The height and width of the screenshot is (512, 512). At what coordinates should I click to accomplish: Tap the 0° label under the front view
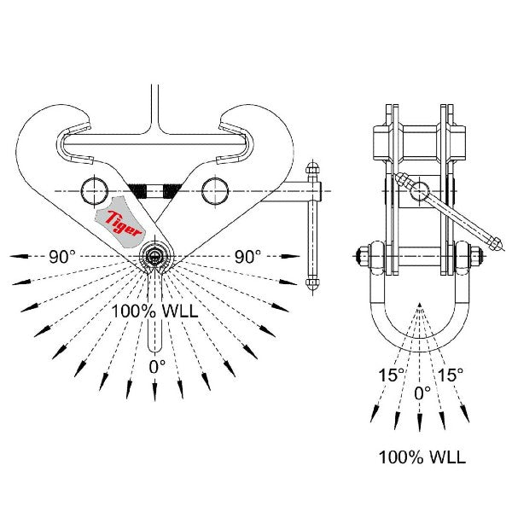[x=157, y=366]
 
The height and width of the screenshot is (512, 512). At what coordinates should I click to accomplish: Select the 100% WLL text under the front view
[x=154, y=311]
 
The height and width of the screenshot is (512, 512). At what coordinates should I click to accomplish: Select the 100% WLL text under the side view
[x=422, y=457]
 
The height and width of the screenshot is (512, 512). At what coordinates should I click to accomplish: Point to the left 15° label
[x=391, y=374]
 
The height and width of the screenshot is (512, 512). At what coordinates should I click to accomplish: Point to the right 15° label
[x=450, y=374]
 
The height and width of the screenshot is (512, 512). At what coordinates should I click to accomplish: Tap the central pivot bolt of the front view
[x=154, y=254]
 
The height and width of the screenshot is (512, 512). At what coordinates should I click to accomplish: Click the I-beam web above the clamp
[x=154, y=107]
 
